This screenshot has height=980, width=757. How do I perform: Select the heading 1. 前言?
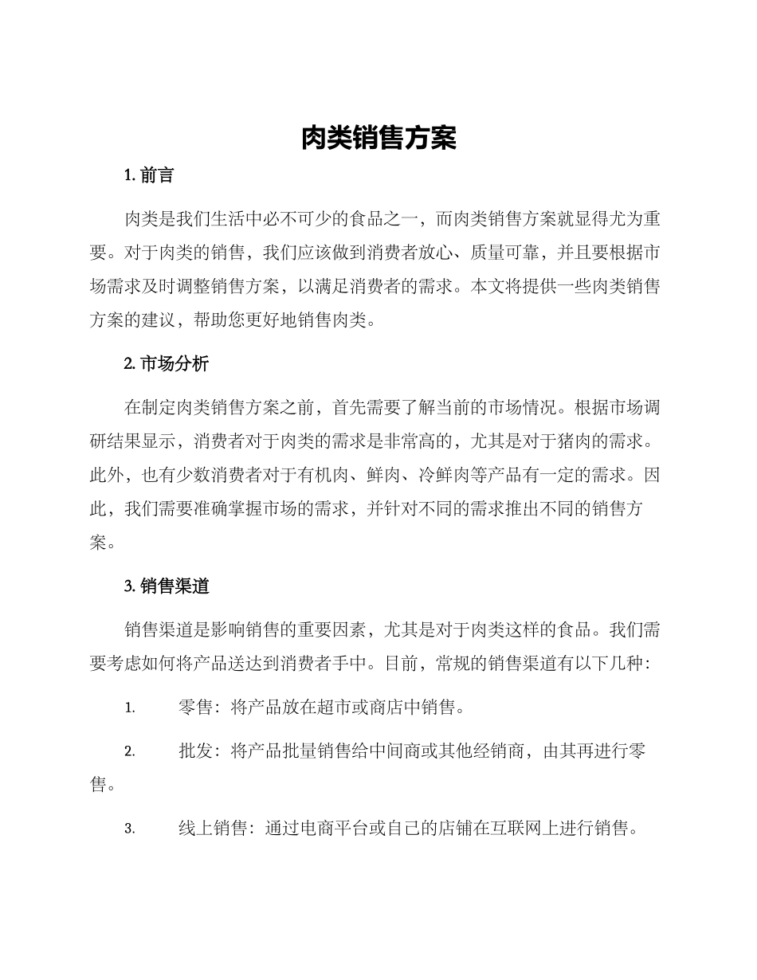pos(149,176)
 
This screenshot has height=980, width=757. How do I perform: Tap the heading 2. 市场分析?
pos(167,364)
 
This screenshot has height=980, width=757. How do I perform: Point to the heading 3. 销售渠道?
pos(167,587)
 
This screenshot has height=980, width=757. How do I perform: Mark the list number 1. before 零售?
pos(130,708)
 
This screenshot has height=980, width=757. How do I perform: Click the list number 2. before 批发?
pos(130,751)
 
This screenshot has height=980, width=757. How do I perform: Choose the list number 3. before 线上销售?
pos(130,829)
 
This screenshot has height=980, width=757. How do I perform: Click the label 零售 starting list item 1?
pos(196,708)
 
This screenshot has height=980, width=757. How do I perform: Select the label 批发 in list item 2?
pos(196,751)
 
